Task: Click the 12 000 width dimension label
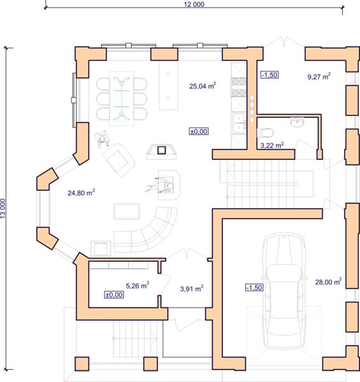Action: coord(194,4)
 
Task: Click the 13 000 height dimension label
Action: coord(3,208)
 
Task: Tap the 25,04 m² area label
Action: coord(203,85)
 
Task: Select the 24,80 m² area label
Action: coord(81,192)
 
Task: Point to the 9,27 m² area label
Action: coord(319,76)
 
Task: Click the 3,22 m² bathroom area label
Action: coord(272,145)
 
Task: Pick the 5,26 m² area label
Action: coord(138,285)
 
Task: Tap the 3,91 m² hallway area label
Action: coord(192,288)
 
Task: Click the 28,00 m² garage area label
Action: coord(328,281)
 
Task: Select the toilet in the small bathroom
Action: coord(265,133)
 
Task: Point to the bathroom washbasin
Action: coord(297,122)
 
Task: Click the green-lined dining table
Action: coord(122,99)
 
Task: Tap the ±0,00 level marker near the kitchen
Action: coord(199,131)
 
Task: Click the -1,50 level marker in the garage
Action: coord(254,288)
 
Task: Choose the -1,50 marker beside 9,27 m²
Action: coord(270,74)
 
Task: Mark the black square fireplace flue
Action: coord(161,150)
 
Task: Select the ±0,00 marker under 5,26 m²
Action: coord(114,295)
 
